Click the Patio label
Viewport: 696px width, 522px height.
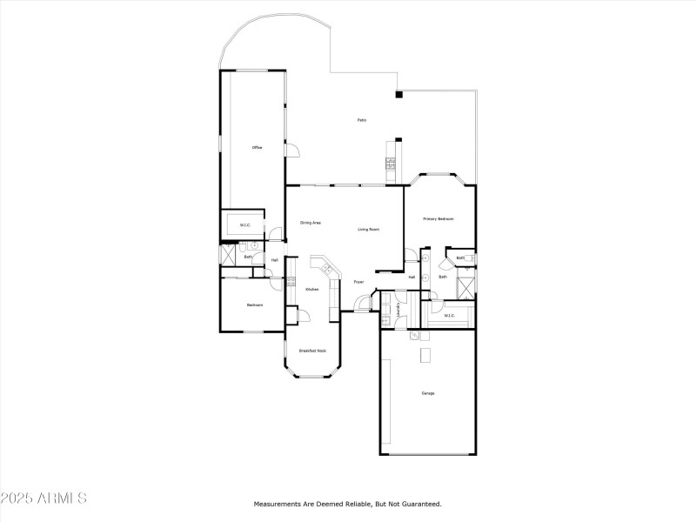coord(361,119)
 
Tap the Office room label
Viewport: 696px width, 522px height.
coord(257,148)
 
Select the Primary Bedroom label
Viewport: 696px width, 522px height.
coord(438,218)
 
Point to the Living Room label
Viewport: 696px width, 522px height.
coord(369,229)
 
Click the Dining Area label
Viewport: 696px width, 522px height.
coord(311,223)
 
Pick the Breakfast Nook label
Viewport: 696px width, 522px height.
coord(312,351)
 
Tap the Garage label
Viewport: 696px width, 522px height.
coord(428,393)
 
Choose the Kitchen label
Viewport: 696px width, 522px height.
coord(311,289)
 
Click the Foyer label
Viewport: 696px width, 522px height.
coord(358,281)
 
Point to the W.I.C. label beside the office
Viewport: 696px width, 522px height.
coord(245,225)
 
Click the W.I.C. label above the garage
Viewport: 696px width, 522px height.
coord(449,316)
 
